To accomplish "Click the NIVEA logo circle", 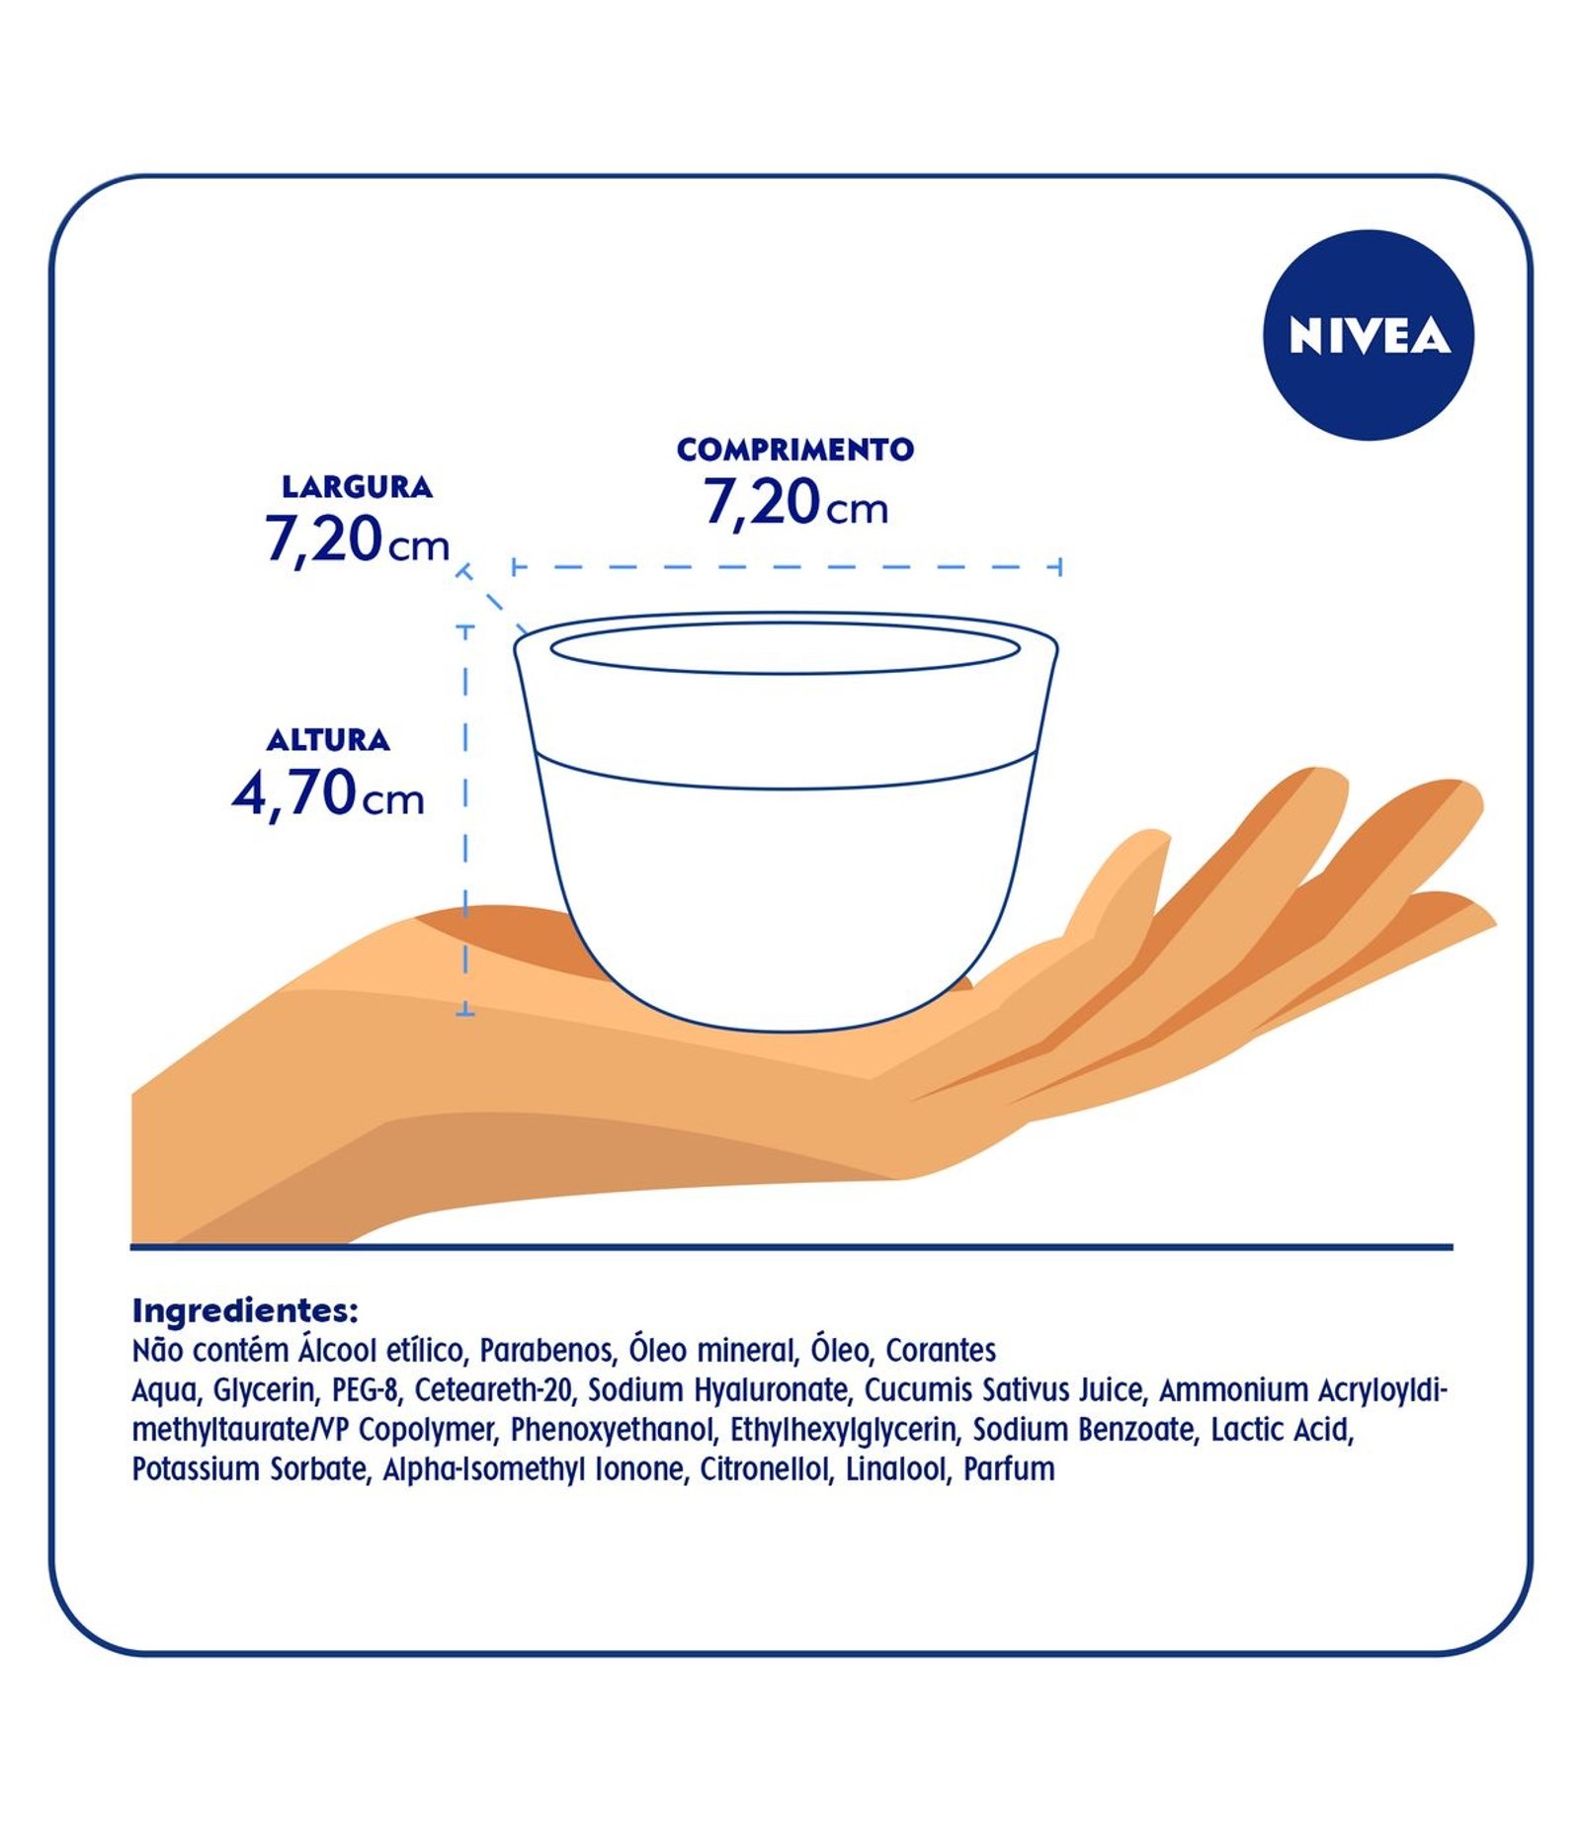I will (1368, 335).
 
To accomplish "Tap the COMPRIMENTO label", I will (795, 450).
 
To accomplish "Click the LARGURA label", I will (357, 487).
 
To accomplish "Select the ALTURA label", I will (328, 740).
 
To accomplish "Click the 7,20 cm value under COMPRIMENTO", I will (795, 503).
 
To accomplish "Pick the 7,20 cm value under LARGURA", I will (357, 540).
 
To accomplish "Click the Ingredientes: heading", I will (244, 1311).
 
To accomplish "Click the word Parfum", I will (1009, 1469).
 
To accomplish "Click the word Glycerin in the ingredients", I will (266, 1390).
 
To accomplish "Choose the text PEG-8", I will (366, 1390).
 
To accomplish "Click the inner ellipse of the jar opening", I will (785, 649).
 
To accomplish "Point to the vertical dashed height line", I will (465, 820).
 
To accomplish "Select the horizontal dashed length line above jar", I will (787, 567).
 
